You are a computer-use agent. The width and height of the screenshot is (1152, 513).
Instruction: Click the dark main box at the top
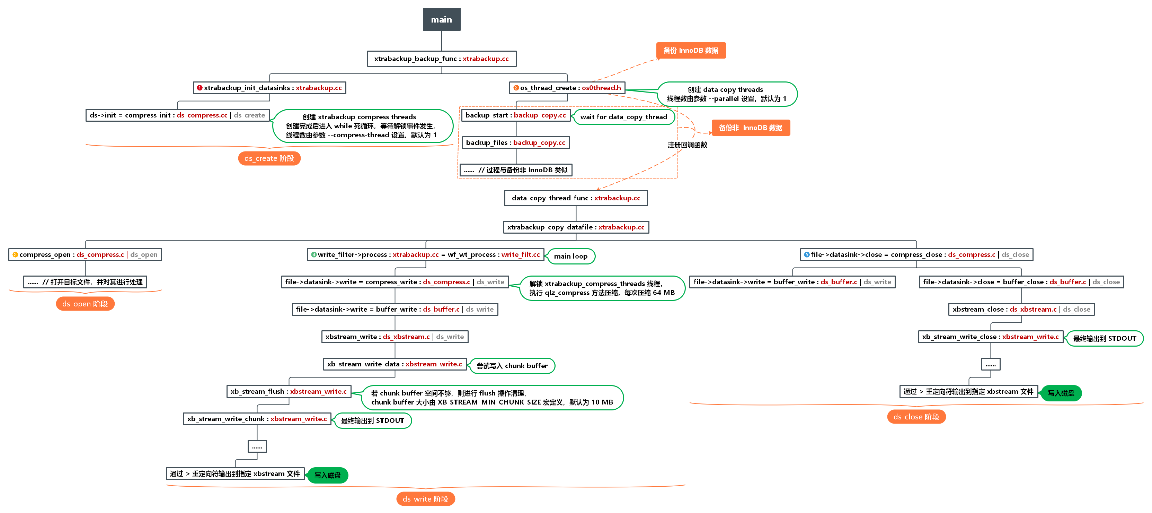pos(441,19)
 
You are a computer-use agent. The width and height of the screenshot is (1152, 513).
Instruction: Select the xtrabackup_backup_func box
pos(441,59)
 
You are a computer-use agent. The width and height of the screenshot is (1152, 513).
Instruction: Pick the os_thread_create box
pos(567,88)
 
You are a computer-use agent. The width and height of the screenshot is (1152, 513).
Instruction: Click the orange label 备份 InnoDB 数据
pos(691,51)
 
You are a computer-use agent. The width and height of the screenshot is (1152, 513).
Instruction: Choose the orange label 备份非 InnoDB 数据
pos(751,128)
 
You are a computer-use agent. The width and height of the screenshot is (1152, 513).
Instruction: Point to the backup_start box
pos(516,115)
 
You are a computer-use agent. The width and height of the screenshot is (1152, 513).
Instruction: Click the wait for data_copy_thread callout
pos(624,117)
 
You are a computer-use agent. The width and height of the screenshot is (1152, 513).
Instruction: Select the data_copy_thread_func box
pos(576,198)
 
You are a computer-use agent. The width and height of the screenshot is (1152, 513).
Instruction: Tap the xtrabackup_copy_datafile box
pos(576,227)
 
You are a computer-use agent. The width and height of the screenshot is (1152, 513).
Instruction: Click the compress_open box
pos(85,254)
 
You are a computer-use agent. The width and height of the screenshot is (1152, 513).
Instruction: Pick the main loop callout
pos(571,256)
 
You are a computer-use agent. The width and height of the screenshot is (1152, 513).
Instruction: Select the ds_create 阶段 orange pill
pos(269,158)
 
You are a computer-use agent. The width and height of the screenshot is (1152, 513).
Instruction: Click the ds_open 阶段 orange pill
pos(85,304)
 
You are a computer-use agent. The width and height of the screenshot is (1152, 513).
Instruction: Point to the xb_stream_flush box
pos(289,391)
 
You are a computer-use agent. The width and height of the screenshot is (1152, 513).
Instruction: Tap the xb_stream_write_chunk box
pos(257,419)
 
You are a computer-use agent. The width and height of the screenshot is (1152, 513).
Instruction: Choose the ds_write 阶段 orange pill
pos(425,499)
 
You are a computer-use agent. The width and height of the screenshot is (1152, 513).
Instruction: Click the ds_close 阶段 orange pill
pos(916,417)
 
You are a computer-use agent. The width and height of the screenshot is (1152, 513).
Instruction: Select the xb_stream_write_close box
pos(991,337)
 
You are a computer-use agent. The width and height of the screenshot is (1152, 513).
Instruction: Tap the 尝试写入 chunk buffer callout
pos(512,366)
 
